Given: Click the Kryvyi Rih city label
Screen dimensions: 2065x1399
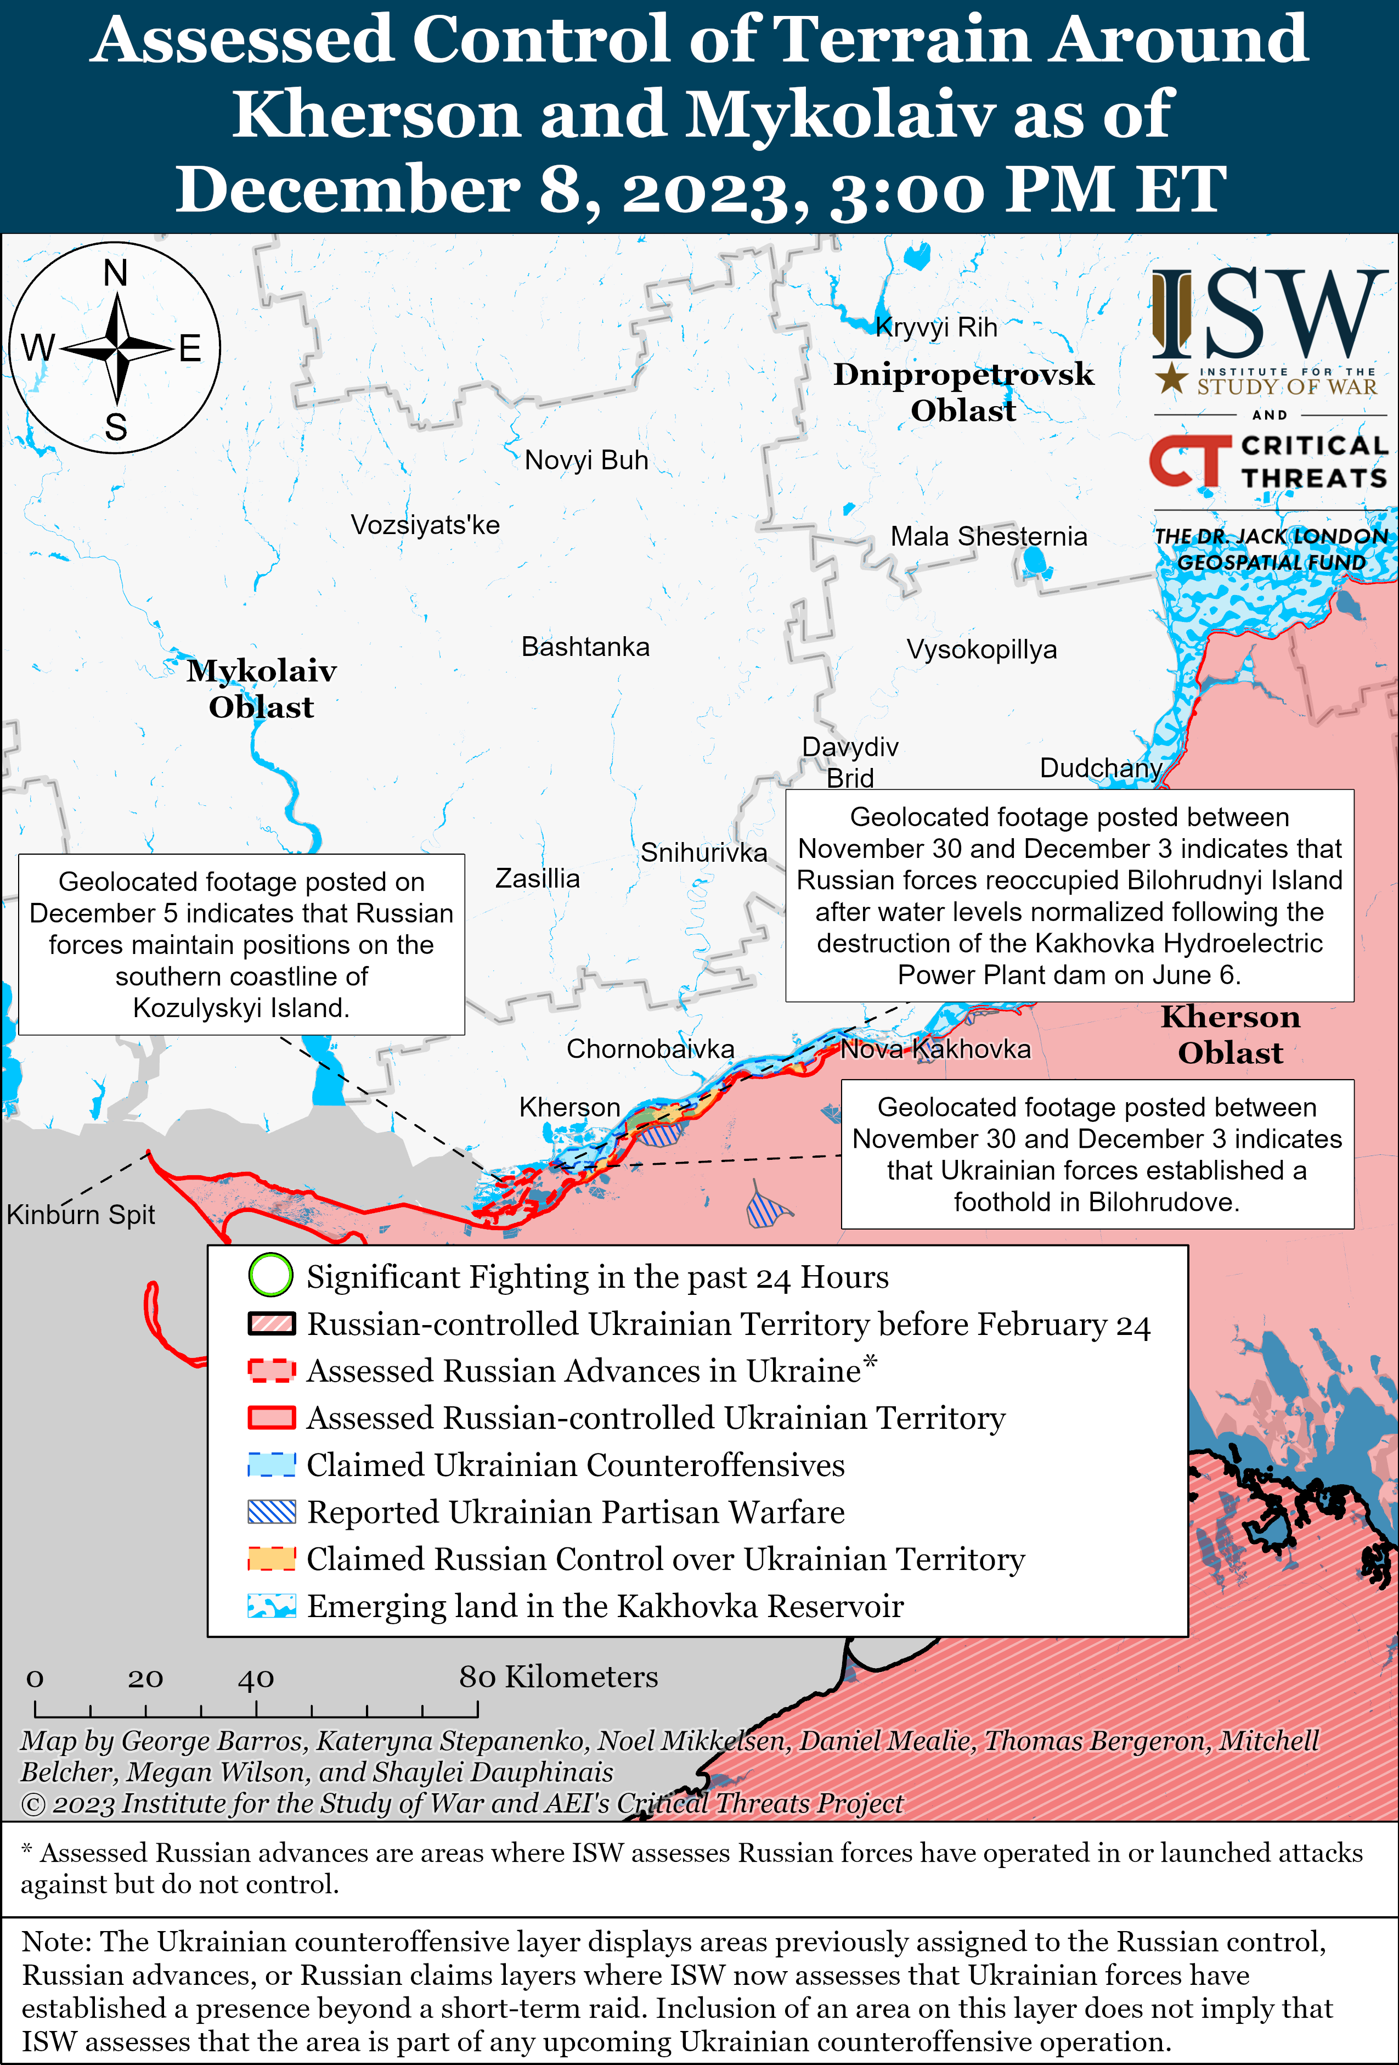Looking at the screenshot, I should pyautogui.click(x=936, y=328).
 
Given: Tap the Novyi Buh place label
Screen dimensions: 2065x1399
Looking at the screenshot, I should pyautogui.click(x=586, y=461).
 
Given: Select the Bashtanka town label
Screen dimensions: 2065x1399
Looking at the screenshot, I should pyautogui.click(x=585, y=647).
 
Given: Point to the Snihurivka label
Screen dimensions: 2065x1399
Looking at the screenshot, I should pyautogui.click(x=703, y=853).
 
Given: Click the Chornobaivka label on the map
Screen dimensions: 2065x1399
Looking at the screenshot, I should pyautogui.click(x=650, y=1050).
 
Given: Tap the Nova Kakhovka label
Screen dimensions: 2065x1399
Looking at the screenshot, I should pyautogui.click(x=935, y=1050).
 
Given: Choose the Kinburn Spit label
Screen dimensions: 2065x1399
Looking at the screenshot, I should pyautogui.click(x=81, y=1215).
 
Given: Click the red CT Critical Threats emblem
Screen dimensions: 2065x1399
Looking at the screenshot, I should pyautogui.click(x=1188, y=461).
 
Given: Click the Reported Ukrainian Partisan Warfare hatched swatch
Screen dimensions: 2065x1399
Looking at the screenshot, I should pyautogui.click(x=271, y=1512).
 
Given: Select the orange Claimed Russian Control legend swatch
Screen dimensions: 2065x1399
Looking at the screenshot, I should pyautogui.click(x=271, y=1558).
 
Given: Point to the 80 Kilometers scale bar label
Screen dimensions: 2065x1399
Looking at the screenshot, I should pyautogui.click(x=558, y=1677).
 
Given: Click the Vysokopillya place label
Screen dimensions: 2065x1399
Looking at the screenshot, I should pyautogui.click(x=981, y=649).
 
